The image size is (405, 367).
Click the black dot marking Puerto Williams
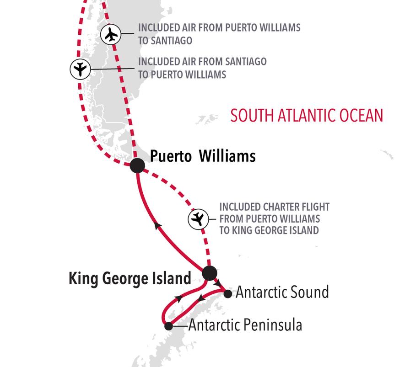pyautogui.click(x=137, y=165)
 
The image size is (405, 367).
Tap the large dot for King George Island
pyautogui.click(x=209, y=273)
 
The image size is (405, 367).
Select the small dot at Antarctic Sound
pyautogui.click(x=227, y=293)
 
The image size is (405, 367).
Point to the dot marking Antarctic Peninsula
pyautogui.click(x=168, y=326)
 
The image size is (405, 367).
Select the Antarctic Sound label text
pyautogui.click(x=282, y=292)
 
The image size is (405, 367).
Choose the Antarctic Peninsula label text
pyautogui.click(x=245, y=325)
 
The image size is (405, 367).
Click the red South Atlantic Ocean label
pyautogui.click(x=306, y=115)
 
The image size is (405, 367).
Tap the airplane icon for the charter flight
pyautogui.click(x=197, y=219)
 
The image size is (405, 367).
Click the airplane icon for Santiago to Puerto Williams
pyautogui.click(x=80, y=69)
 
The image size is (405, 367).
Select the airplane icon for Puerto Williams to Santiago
pyautogui.click(x=110, y=34)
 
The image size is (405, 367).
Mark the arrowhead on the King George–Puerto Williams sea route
pyautogui.click(x=158, y=225)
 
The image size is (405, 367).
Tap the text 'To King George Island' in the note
pyautogui.click(x=269, y=230)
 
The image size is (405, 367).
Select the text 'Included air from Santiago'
pyautogui.click(x=202, y=62)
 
